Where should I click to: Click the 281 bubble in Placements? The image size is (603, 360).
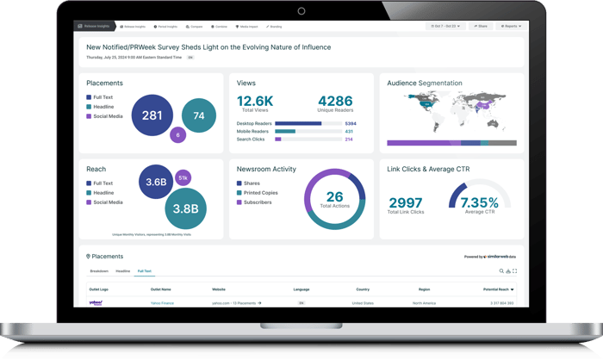point(152,115)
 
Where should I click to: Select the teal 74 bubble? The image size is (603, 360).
point(199,115)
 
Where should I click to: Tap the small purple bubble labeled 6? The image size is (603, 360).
point(178,134)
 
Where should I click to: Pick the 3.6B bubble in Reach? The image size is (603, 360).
point(156,182)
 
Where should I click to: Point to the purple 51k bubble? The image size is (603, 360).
point(183,177)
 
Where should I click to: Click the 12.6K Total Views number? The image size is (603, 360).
point(255,102)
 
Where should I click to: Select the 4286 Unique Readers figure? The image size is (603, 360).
point(336,102)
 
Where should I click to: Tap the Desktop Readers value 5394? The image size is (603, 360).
point(351,123)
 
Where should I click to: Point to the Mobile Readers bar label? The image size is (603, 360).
point(253,131)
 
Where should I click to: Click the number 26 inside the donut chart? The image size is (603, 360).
point(335,197)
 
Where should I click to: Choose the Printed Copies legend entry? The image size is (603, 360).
point(261,193)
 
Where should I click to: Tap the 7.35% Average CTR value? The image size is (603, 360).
point(480,202)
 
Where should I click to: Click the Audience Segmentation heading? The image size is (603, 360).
point(425,84)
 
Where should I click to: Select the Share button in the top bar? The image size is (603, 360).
point(481,27)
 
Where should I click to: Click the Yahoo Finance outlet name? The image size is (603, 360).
point(163,303)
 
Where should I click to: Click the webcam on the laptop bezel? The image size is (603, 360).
point(301,11)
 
